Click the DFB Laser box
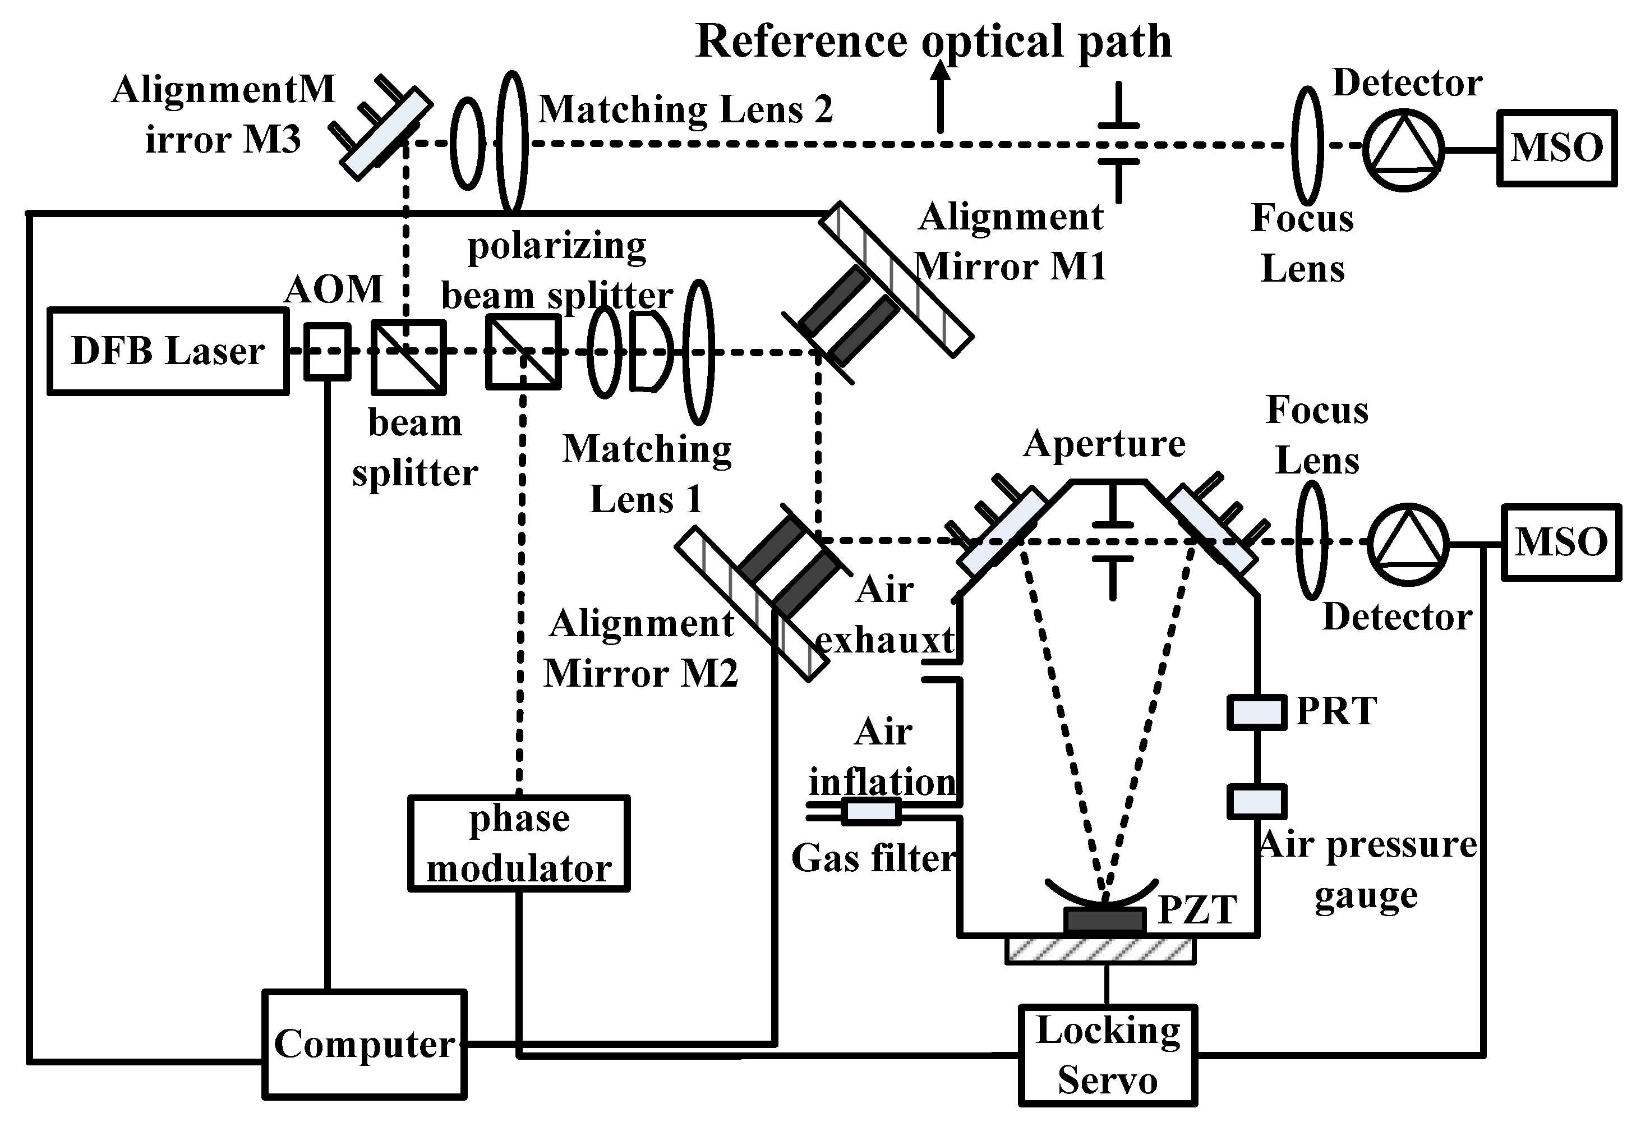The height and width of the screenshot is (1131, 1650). [x=168, y=351]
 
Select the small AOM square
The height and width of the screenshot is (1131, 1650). [x=328, y=351]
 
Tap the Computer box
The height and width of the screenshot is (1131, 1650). [x=364, y=1043]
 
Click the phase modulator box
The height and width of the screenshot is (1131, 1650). [x=519, y=843]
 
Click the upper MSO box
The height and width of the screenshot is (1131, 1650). [x=1557, y=148]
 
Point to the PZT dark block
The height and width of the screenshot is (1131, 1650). [x=1105, y=920]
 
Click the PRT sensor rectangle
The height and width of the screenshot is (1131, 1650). [x=1257, y=712]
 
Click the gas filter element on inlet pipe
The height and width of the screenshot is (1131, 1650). [x=871, y=811]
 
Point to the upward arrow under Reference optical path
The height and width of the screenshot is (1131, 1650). [x=940, y=96]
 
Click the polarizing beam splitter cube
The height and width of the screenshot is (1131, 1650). [x=523, y=353]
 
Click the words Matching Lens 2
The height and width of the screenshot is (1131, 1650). [x=685, y=110]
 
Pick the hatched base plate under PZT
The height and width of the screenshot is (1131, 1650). [x=1100, y=950]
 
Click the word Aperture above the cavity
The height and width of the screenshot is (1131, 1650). [x=1104, y=445]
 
